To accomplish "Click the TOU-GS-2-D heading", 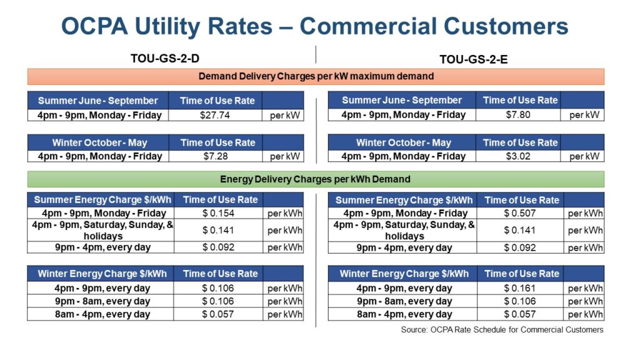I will click(x=165, y=59).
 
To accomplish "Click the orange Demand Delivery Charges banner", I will click(x=316, y=77).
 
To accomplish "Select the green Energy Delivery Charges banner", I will click(x=316, y=179).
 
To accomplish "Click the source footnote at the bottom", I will click(x=502, y=329).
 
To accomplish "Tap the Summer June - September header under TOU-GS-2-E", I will click(x=402, y=100).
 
